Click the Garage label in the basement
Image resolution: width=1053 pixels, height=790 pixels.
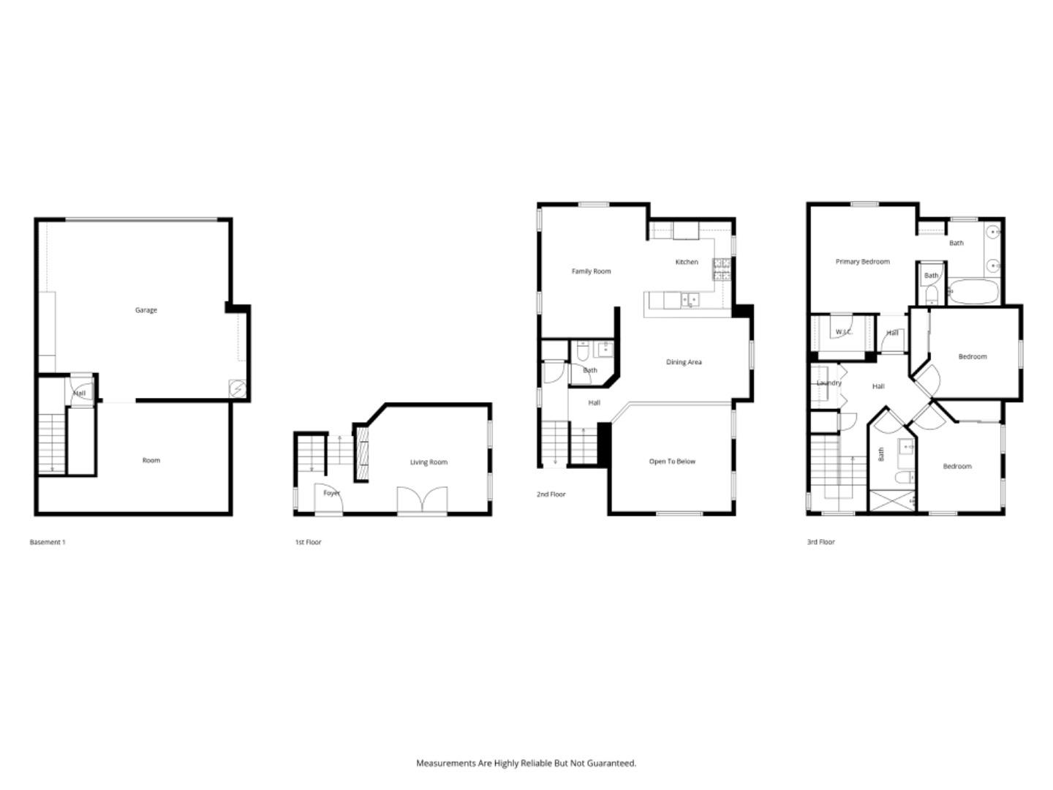click(x=146, y=310)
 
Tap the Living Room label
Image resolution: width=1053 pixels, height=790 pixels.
click(x=429, y=462)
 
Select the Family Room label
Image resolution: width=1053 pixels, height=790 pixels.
click(x=591, y=271)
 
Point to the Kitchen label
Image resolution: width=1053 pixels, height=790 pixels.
click(x=686, y=262)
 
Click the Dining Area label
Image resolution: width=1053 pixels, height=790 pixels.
click(x=684, y=362)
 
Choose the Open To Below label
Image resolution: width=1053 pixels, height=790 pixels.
click(x=672, y=462)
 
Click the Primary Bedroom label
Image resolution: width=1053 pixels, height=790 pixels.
click(x=862, y=262)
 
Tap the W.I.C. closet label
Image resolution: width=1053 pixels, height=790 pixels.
click(x=843, y=332)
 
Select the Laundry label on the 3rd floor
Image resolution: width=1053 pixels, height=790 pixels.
click(x=829, y=383)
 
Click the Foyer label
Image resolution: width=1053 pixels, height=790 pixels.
click(x=331, y=493)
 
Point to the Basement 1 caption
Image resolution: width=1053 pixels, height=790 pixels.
click(x=48, y=542)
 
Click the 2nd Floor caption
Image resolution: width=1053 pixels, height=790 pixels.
click(x=551, y=494)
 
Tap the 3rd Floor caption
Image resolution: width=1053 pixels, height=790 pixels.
click(x=820, y=542)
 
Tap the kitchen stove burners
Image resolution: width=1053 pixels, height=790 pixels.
click(x=722, y=269)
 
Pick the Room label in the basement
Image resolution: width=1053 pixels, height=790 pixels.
click(x=151, y=460)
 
